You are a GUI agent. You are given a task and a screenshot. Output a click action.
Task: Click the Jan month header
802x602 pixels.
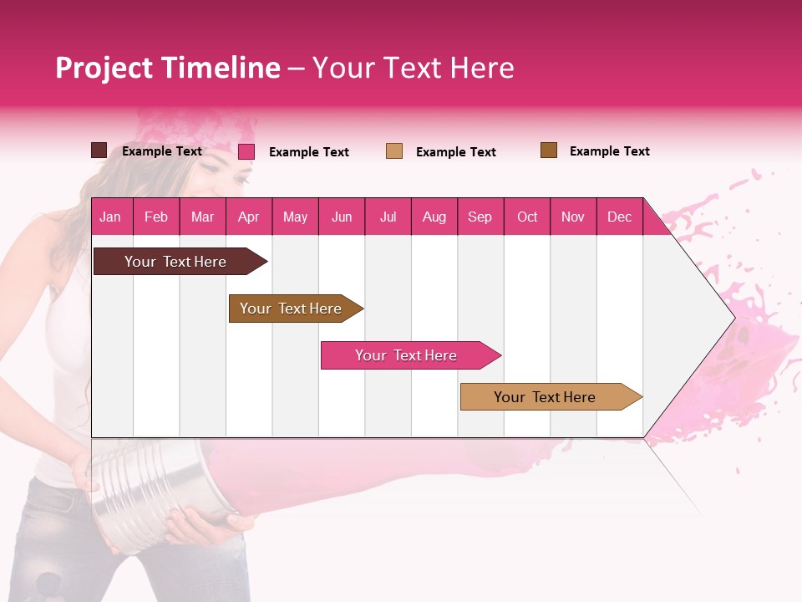[110, 217]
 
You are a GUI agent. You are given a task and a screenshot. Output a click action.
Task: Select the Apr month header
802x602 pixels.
[248, 217]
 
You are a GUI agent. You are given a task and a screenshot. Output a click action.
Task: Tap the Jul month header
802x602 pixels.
[388, 217]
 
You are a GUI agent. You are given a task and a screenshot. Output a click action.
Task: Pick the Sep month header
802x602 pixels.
[480, 217]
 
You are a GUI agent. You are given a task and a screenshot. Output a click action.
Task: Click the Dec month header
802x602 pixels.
[619, 217]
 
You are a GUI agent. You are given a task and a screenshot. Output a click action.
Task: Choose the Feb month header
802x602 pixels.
[156, 217]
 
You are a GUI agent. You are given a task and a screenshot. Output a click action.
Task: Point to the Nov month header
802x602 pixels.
[572, 217]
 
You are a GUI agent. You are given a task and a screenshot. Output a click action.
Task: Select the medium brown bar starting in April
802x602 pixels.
[293, 309]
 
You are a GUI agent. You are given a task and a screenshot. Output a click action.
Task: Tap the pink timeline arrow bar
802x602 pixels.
[408, 355]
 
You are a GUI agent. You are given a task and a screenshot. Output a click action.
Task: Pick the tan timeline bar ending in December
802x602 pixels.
[547, 397]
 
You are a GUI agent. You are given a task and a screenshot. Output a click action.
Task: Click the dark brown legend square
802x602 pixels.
[99, 150]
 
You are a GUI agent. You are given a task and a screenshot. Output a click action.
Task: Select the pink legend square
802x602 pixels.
[246, 151]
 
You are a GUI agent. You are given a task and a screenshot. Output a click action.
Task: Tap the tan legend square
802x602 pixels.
[393, 150]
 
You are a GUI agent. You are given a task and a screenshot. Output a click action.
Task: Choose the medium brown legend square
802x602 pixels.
[548, 150]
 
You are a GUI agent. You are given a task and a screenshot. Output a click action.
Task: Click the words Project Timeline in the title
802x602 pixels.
[168, 68]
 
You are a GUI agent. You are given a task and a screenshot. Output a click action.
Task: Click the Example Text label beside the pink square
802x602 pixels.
[308, 152]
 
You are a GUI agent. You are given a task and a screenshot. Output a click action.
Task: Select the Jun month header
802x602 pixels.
[341, 217]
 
